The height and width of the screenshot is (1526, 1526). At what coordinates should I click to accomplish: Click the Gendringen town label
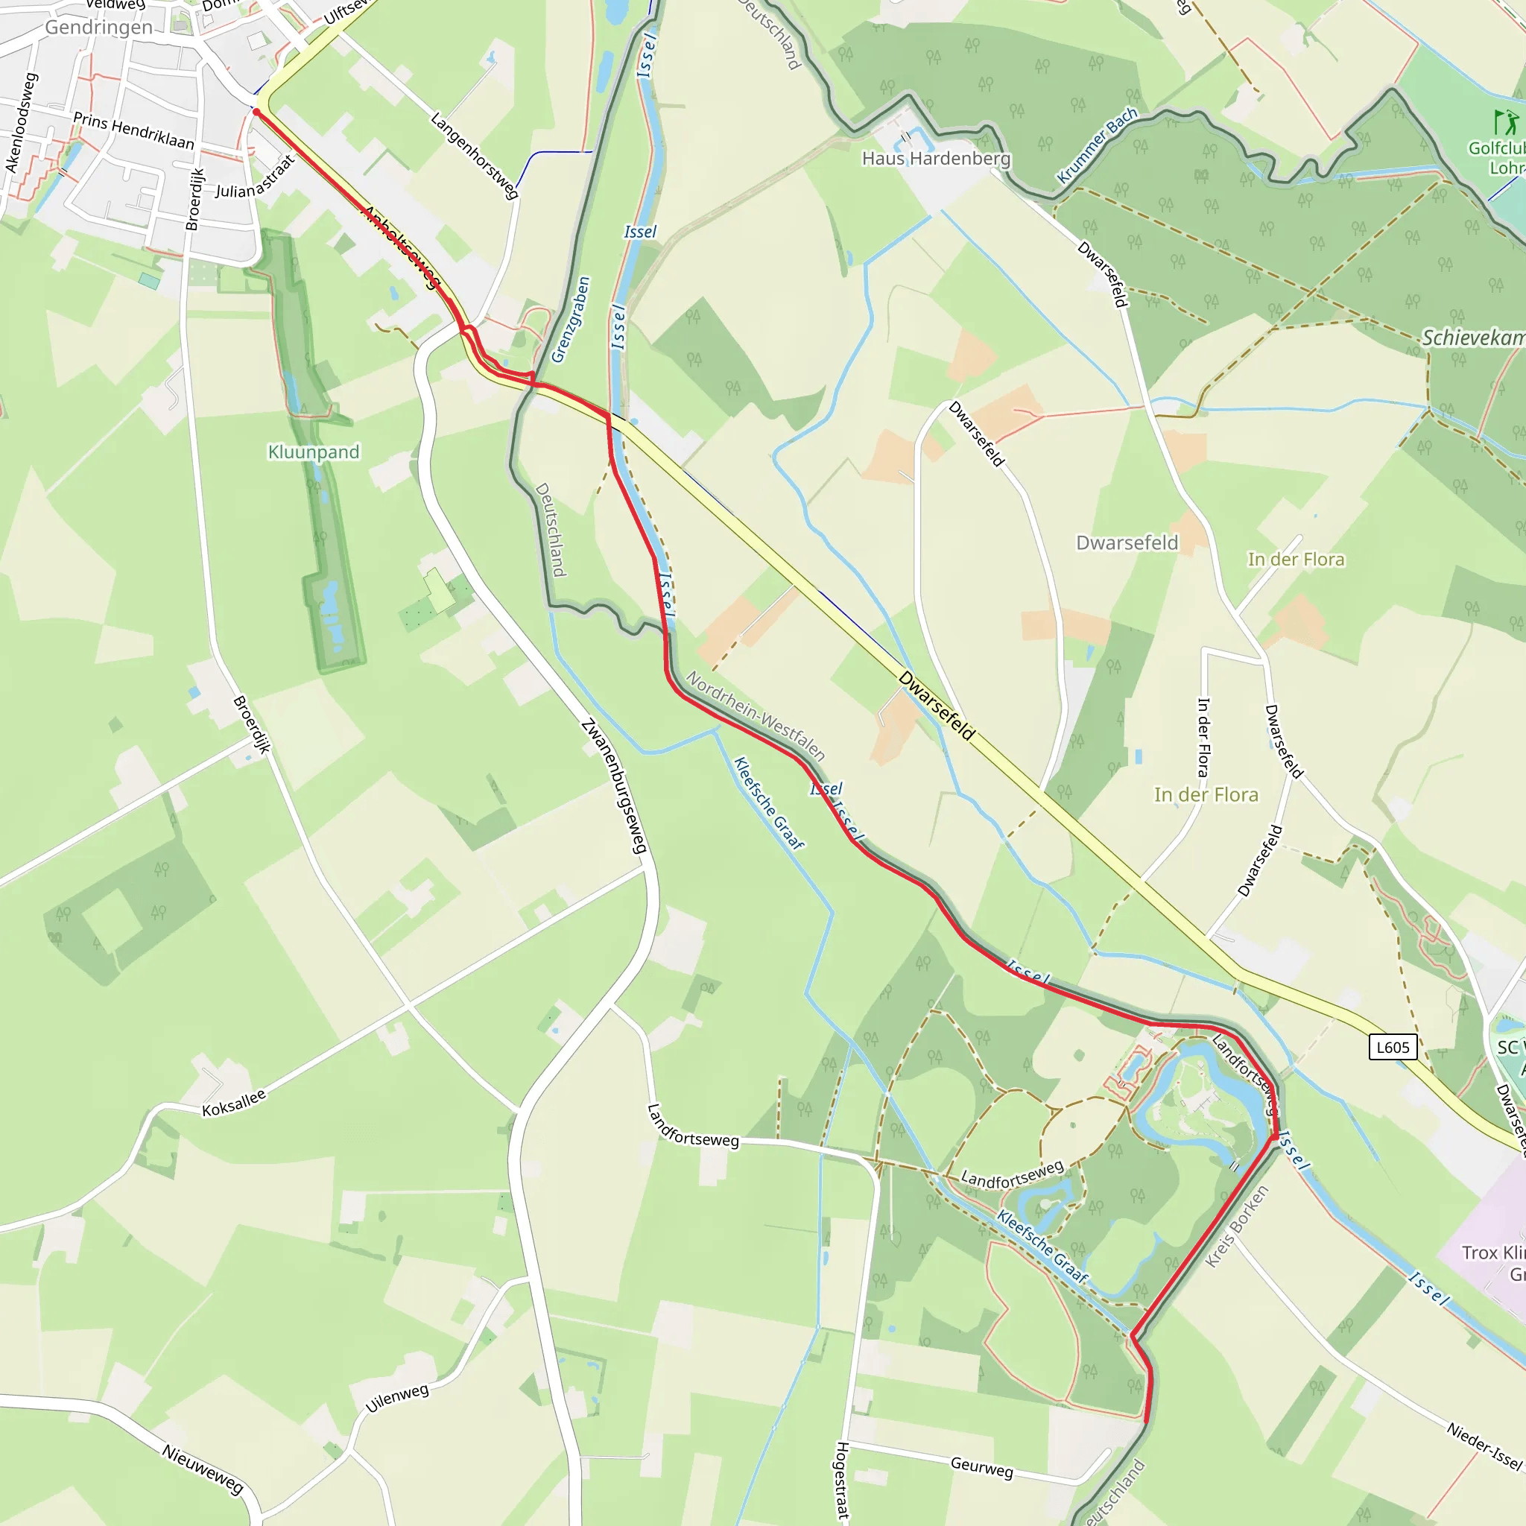tap(99, 28)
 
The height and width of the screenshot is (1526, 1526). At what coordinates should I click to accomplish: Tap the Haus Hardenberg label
tap(936, 159)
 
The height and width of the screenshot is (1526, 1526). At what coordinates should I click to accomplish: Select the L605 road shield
tap(1393, 1048)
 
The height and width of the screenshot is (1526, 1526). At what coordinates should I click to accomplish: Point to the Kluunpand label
tap(314, 452)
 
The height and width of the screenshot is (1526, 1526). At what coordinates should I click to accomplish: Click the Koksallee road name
tap(234, 1104)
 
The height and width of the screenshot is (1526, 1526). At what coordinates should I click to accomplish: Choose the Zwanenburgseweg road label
tap(614, 786)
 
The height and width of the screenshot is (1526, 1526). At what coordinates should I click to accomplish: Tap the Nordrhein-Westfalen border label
tap(756, 715)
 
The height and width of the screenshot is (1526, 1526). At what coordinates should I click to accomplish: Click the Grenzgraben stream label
tap(571, 319)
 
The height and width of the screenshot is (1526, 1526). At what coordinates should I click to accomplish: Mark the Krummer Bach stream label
tap(1097, 145)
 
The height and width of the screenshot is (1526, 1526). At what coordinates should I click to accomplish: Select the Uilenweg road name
tap(397, 1398)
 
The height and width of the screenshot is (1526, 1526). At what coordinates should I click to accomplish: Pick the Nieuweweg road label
tap(203, 1469)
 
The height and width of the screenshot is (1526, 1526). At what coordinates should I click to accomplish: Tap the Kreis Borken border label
tap(1237, 1226)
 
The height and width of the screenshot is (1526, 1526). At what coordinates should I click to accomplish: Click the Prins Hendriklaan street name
tap(133, 130)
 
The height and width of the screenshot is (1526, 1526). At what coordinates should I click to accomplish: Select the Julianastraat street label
tap(255, 178)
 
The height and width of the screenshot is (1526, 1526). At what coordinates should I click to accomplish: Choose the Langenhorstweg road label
tap(474, 155)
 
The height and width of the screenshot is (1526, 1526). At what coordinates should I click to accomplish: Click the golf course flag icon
tap(1505, 122)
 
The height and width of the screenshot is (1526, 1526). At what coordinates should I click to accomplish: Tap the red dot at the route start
tap(256, 113)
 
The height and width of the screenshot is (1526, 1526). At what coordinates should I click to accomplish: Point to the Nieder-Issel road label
tap(1484, 1446)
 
